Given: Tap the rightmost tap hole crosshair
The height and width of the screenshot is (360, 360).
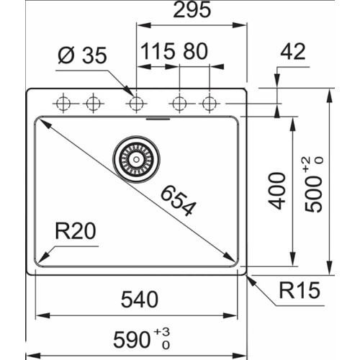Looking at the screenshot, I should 209,104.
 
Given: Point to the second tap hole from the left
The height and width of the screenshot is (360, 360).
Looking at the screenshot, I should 91,104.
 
